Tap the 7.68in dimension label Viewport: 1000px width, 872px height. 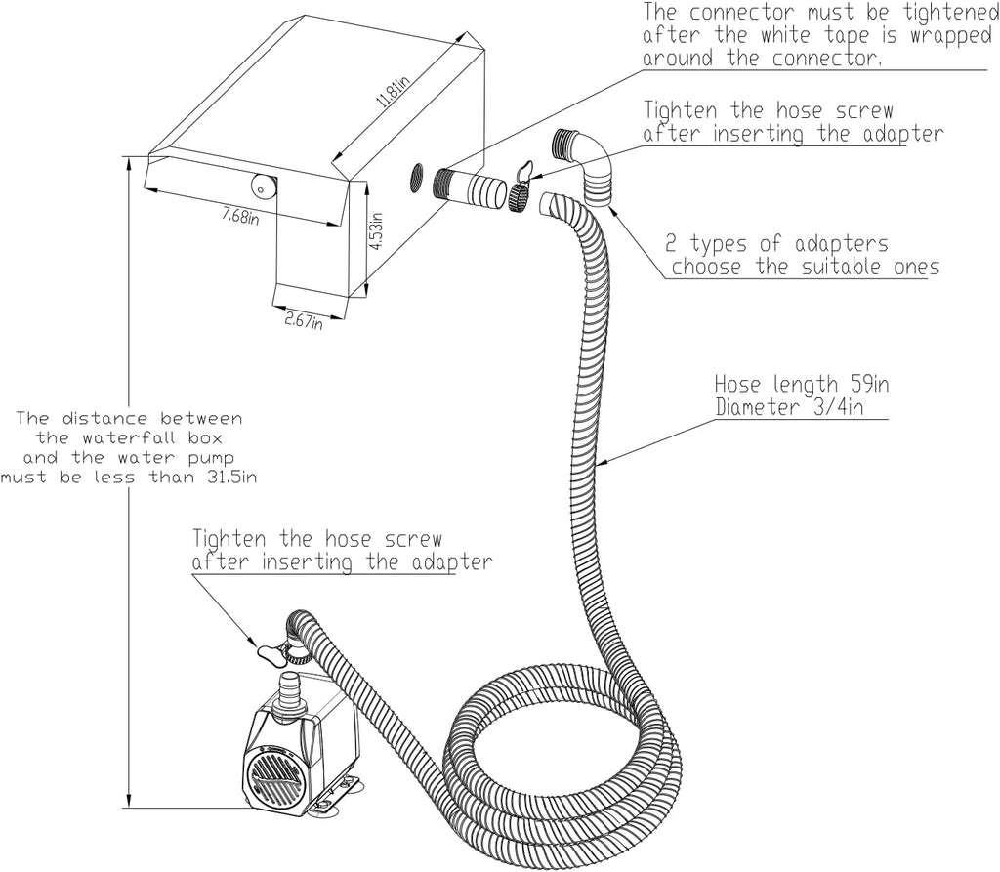pos(239,214)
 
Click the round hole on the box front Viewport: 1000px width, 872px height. pos(264,185)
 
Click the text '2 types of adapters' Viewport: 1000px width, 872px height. pos(776,243)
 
